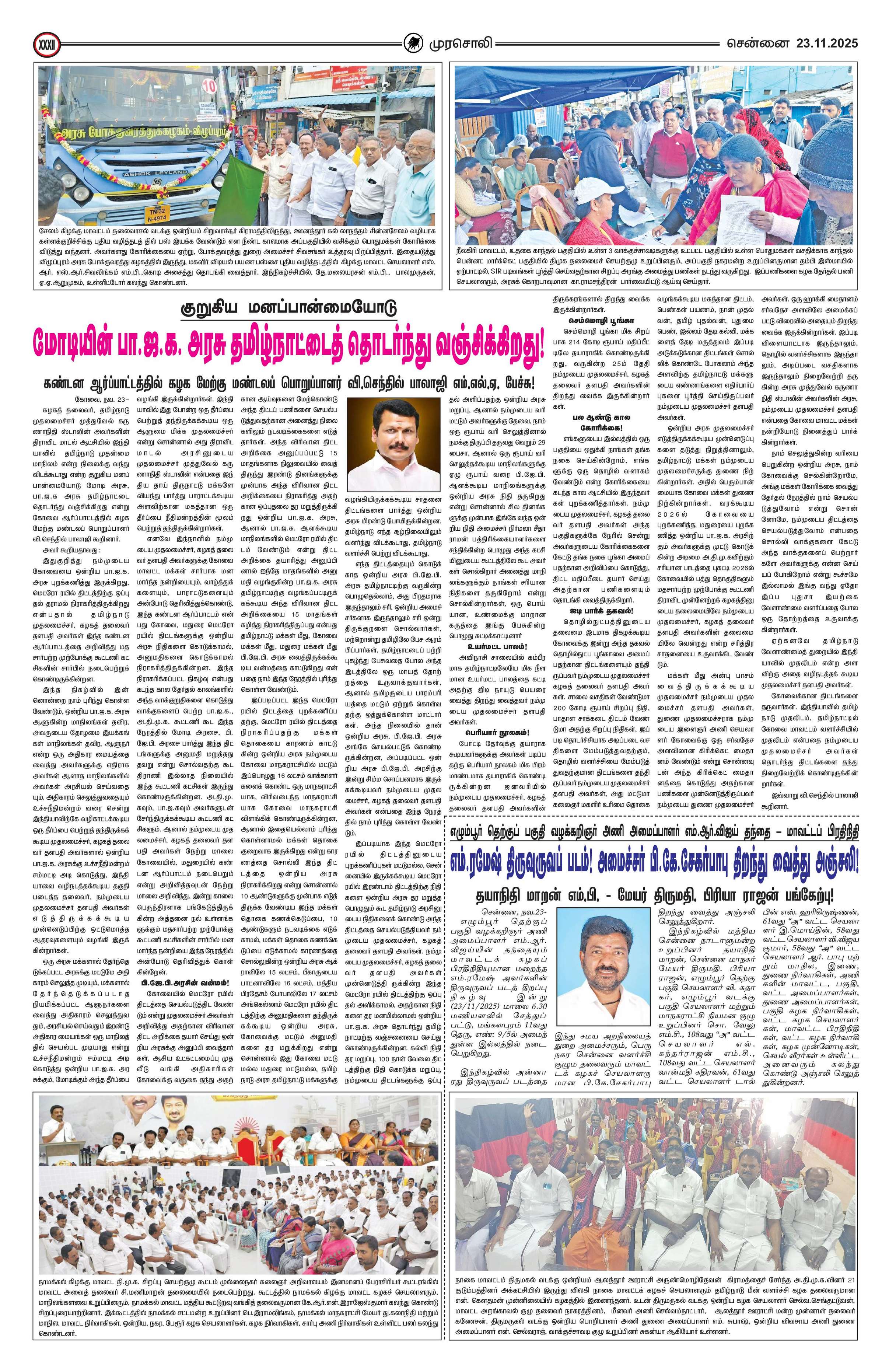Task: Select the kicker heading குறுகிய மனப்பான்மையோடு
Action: [x=286, y=308]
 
